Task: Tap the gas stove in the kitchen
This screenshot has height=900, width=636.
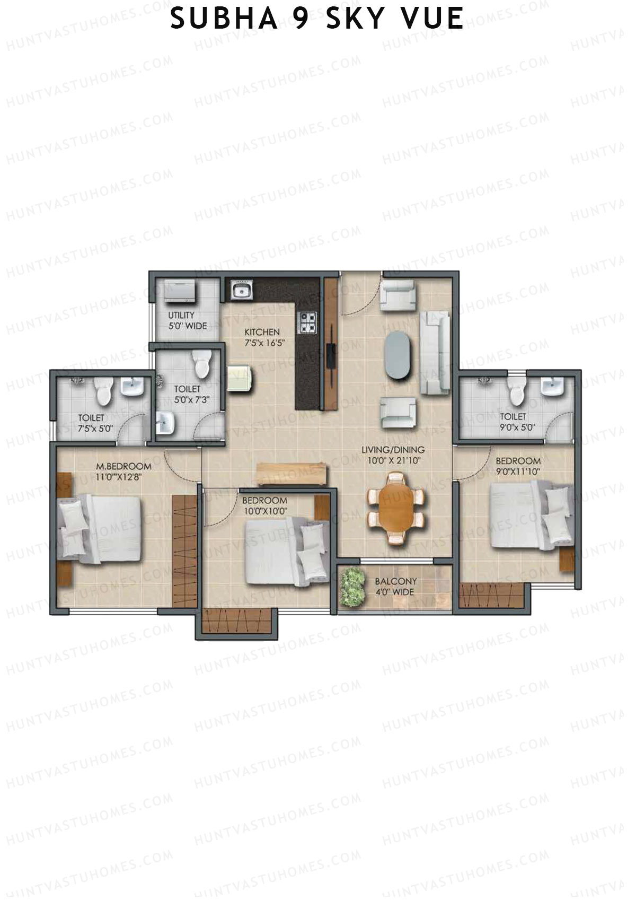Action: (x=307, y=322)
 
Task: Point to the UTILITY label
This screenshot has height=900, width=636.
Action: (x=181, y=315)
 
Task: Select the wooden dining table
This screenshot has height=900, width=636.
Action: (x=396, y=508)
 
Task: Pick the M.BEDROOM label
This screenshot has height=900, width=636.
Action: (x=123, y=467)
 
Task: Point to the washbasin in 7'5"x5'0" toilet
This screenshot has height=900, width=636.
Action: (x=131, y=387)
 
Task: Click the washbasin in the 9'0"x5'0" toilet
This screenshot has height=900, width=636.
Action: (x=552, y=387)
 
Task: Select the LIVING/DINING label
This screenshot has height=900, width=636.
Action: (x=393, y=450)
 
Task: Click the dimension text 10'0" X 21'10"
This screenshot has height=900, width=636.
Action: (x=393, y=460)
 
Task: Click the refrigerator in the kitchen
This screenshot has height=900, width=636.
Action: (x=240, y=378)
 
